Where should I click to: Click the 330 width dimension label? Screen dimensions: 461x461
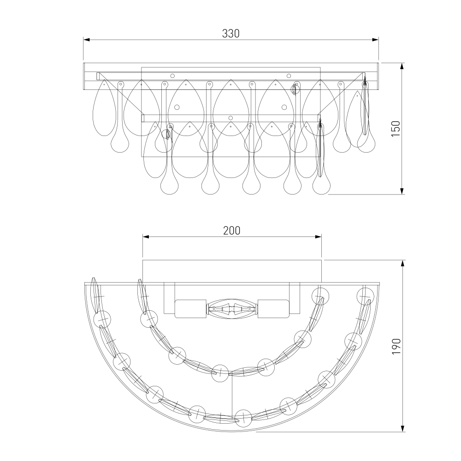[231, 34]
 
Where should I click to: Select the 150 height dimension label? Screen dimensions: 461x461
[396, 129]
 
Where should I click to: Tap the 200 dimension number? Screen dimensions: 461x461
[232, 230]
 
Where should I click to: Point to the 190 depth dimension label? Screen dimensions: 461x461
[396, 346]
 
